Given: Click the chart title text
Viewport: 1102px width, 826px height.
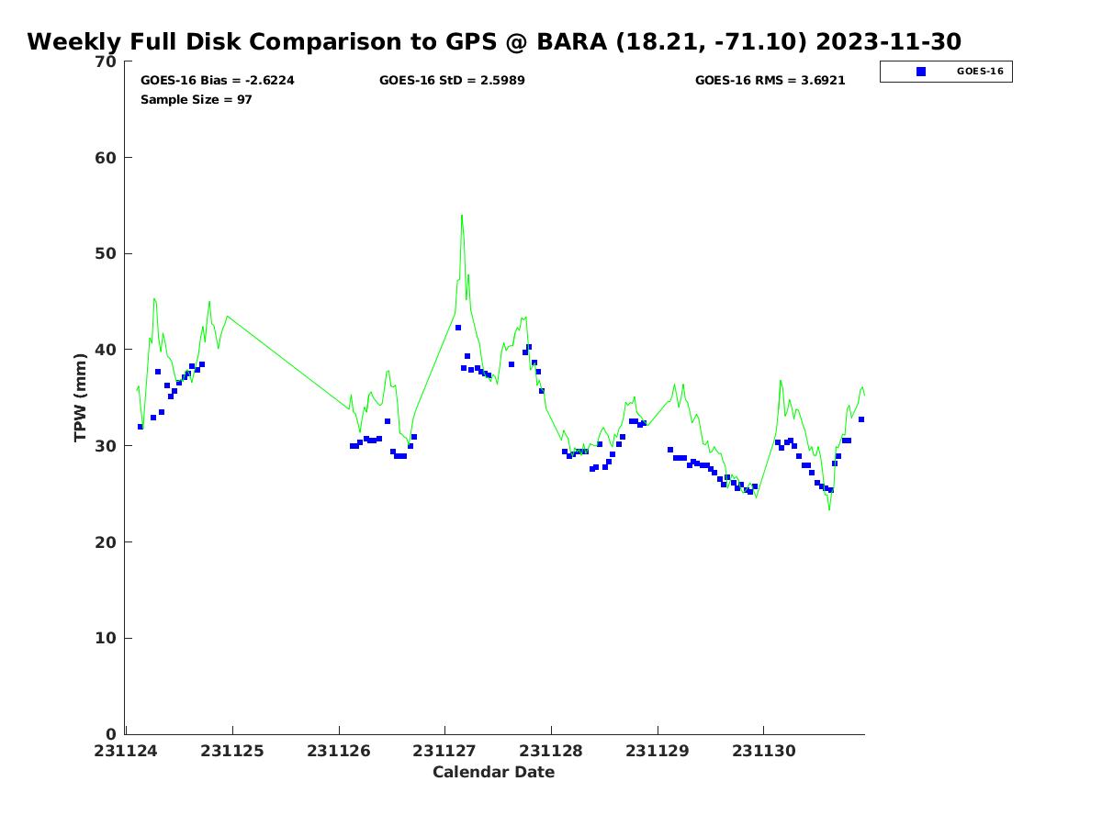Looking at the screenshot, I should point(494,42).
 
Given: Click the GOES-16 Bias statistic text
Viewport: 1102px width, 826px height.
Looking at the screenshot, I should point(217,81).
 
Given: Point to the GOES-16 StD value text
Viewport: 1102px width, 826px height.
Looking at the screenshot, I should point(452,81).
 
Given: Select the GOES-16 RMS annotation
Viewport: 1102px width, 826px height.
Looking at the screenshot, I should point(770,81).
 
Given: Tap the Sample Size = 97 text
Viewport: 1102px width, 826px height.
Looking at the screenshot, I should point(196,99).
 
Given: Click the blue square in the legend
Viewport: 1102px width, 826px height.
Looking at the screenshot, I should point(921,72).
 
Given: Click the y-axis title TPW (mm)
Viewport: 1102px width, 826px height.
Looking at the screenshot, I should point(81,397).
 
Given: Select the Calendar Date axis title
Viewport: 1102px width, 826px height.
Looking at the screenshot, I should point(493,773).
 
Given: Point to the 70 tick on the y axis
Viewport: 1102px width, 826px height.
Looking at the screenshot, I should point(106,62).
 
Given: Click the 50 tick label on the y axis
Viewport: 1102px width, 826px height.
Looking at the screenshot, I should point(106,254).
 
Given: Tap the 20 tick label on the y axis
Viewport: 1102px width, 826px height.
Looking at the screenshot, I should point(106,542).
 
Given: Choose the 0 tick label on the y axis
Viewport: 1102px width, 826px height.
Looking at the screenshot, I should point(111,734).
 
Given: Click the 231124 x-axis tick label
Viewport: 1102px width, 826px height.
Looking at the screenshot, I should point(126,752).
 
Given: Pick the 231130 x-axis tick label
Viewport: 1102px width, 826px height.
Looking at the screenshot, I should point(763,752).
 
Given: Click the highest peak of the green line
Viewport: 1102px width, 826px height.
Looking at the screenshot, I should point(461,216).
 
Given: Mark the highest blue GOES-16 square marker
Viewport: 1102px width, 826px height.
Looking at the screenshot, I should point(458,328).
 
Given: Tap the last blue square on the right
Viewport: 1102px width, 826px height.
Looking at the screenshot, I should point(861,419).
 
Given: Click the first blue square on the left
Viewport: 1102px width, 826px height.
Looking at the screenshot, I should point(141,427).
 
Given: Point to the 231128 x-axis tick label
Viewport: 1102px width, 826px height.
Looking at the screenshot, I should point(551,752).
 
